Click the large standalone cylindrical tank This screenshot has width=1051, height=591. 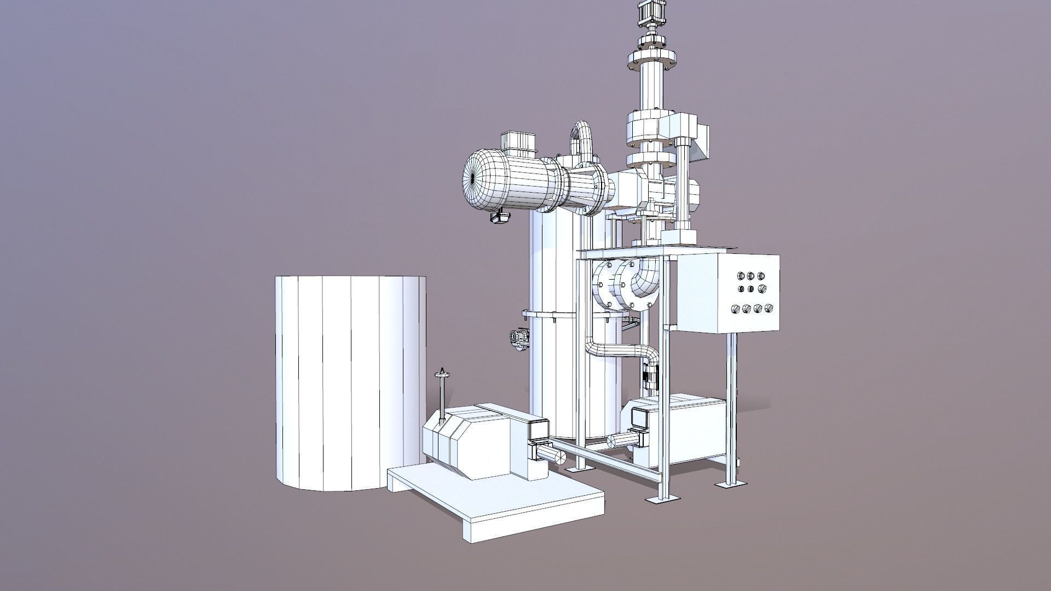coord(350,383)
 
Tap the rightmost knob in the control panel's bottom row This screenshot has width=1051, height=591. coord(769,308)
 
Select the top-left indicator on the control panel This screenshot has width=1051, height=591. coord(741,277)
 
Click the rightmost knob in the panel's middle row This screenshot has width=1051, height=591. coord(761,288)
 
